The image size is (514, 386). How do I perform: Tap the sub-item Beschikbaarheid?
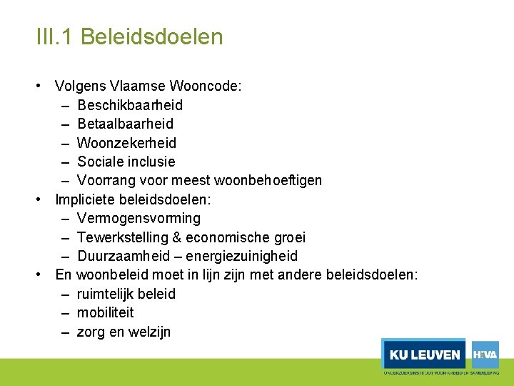click(x=130, y=105)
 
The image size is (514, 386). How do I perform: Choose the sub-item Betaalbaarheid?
click(x=125, y=124)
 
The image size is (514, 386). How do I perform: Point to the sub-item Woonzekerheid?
click(x=126, y=143)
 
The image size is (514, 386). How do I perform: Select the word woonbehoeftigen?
click(x=275, y=180)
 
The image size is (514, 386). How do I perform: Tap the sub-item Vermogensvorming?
click(x=138, y=218)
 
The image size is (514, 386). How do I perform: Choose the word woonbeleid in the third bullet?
click(x=109, y=275)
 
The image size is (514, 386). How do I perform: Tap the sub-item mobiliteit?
click(x=105, y=312)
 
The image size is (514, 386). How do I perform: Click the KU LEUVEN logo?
click(x=424, y=355)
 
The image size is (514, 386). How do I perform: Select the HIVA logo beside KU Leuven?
click(x=485, y=354)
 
